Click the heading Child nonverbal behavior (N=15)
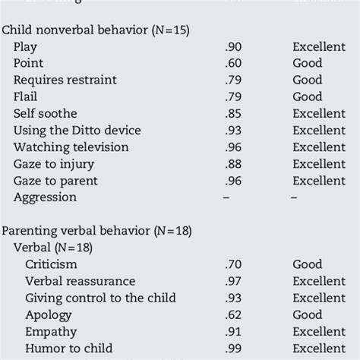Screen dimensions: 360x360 coord(96,30)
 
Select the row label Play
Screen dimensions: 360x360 coord(27,47)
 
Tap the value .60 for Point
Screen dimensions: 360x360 coord(234,64)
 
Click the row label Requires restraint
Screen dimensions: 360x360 coord(62,81)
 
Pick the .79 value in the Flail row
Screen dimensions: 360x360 coord(234,97)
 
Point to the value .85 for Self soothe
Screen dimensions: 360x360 coord(234,114)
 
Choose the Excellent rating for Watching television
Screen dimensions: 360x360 coord(319,147)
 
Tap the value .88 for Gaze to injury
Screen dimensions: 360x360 coord(234,164)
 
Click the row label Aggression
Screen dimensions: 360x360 coord(45,197)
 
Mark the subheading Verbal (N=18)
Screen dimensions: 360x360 coord(53,248)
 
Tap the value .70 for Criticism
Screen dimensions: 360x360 coord(234,265)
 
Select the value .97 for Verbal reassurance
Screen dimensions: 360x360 coord(234,282)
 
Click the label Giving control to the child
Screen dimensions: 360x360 coord(99,298)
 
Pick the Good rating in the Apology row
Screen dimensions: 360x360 coord(308,315)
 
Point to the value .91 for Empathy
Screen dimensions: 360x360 coord(234,332)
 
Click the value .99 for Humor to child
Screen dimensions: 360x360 coord(234,349)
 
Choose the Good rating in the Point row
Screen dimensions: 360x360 coord(308,64)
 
